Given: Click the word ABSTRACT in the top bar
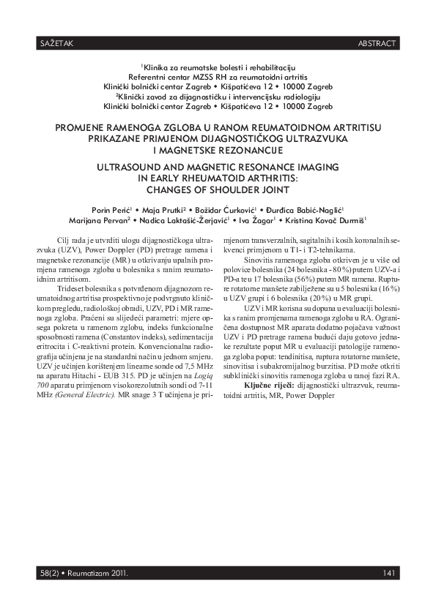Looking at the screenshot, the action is (378, 44).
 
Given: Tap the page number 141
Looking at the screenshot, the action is (390, 572).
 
